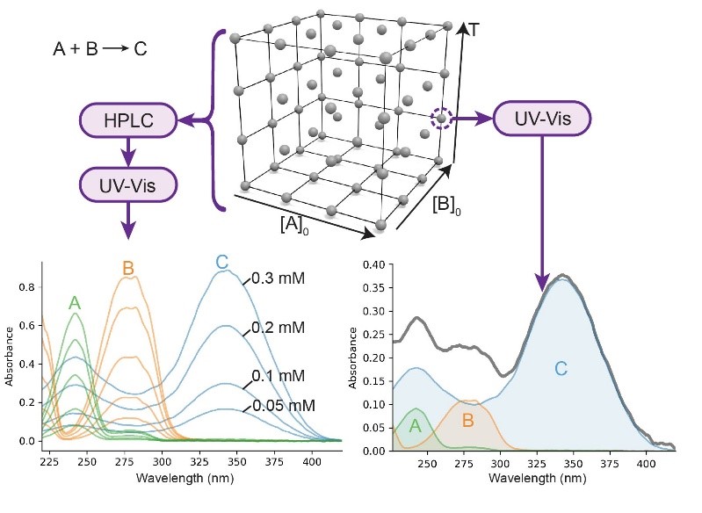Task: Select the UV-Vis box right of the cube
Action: click(x=541, y=118)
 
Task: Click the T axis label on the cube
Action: click(x=474, y=29)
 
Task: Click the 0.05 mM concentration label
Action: click(x=283, y=406)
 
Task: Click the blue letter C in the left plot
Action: click(x=221, y=262)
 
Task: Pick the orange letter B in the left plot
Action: click(x=128, y=268)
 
